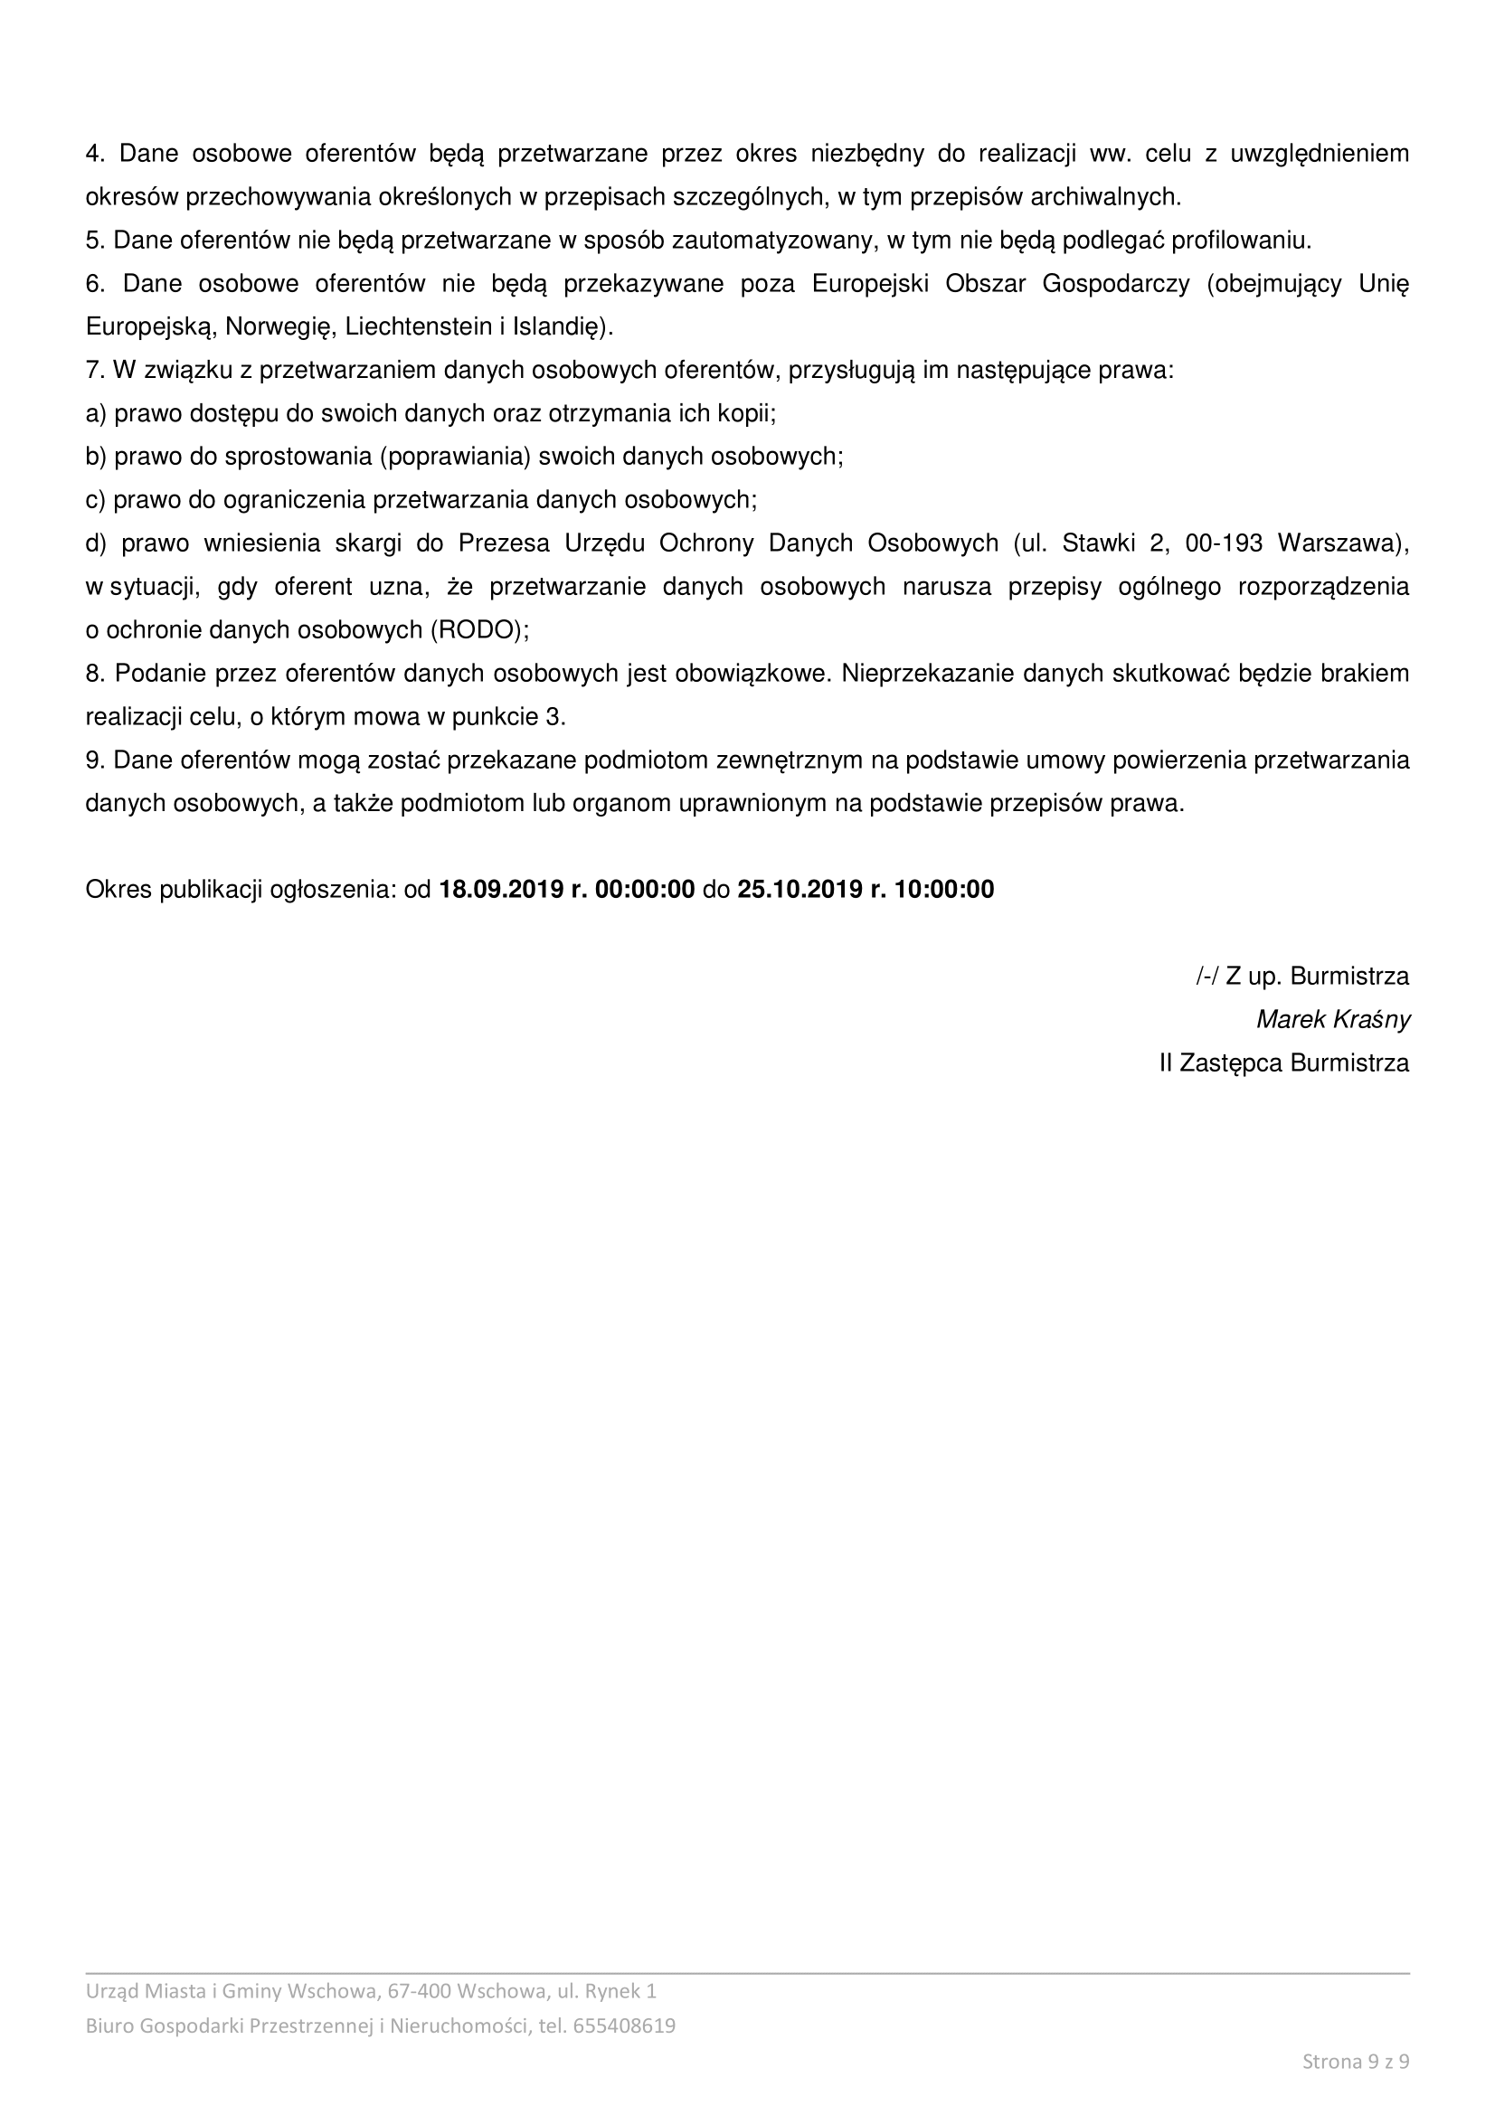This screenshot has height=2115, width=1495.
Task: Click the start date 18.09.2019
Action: (500, 889)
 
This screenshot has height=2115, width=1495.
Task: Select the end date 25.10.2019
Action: (799, 889)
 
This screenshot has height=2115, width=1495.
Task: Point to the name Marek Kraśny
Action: (1333, 1020)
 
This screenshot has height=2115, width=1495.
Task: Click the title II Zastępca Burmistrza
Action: (1284, 1063)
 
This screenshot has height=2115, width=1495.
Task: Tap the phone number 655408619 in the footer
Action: (624, 2025)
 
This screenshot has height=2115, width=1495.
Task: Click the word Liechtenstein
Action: (418, 327)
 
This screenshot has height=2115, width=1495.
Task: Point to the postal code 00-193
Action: (1224, 543)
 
